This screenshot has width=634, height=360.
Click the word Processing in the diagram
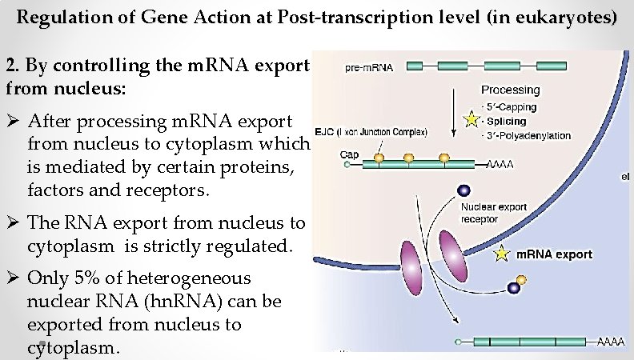click(x=510, y=90)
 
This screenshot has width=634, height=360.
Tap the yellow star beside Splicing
click(x=471, y=119)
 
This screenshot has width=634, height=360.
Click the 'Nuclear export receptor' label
click(x=494, y=212)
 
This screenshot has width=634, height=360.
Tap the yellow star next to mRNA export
click(x=502, y=255)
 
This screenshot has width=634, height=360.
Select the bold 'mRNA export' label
click(x=555, y=254)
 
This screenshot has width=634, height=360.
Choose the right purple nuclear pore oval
click(x=452, y=254)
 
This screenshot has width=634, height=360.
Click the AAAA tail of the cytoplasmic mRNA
click(x=610, y=342)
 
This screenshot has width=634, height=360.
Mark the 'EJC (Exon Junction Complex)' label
click(x=383, y=131)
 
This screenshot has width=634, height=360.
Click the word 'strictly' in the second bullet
click(x=172, y=246)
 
